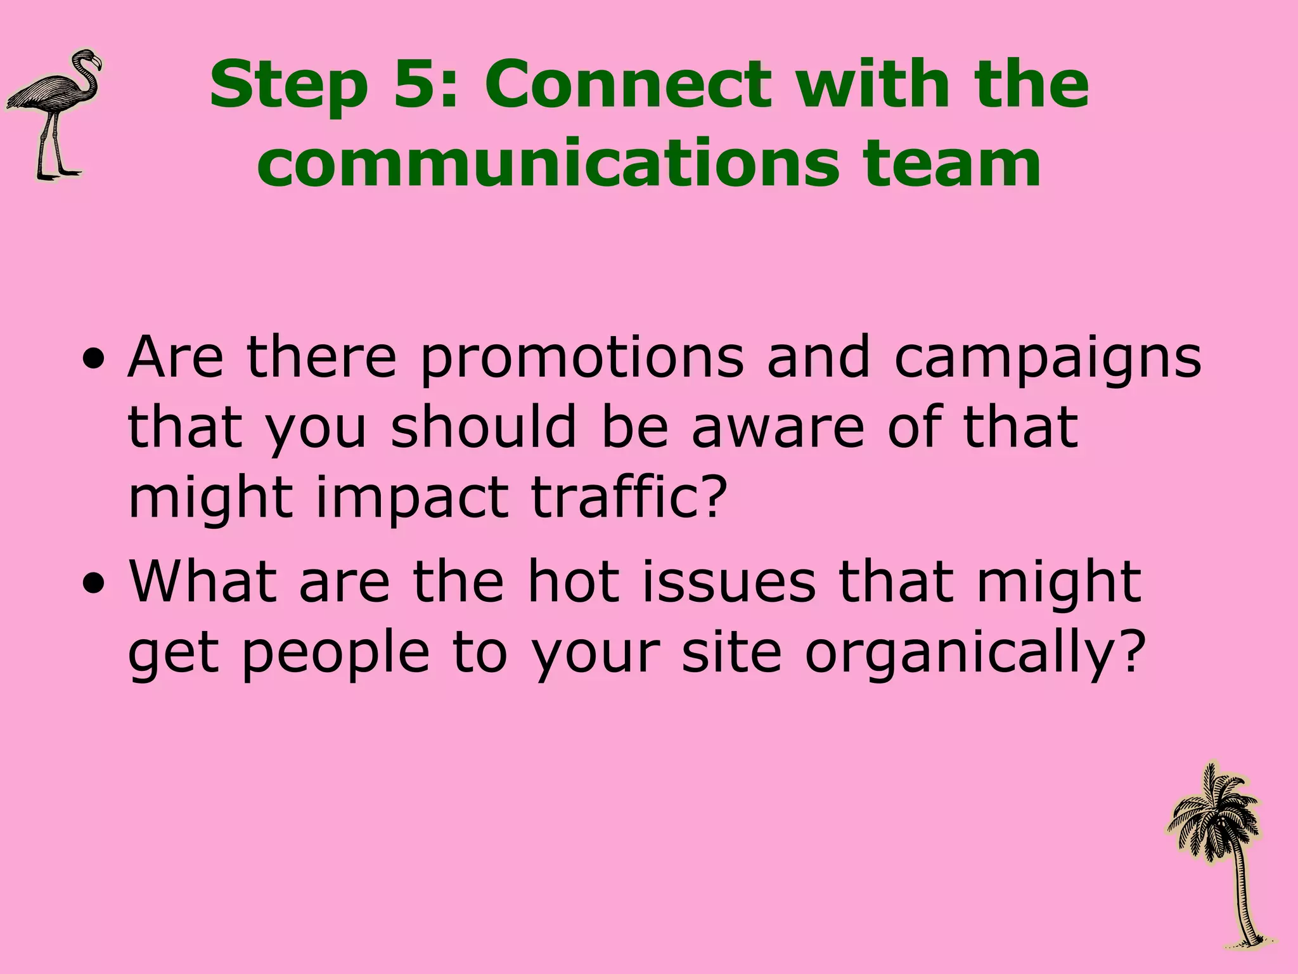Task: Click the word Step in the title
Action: click(289, 86)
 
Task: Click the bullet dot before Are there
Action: click(94, 367)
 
